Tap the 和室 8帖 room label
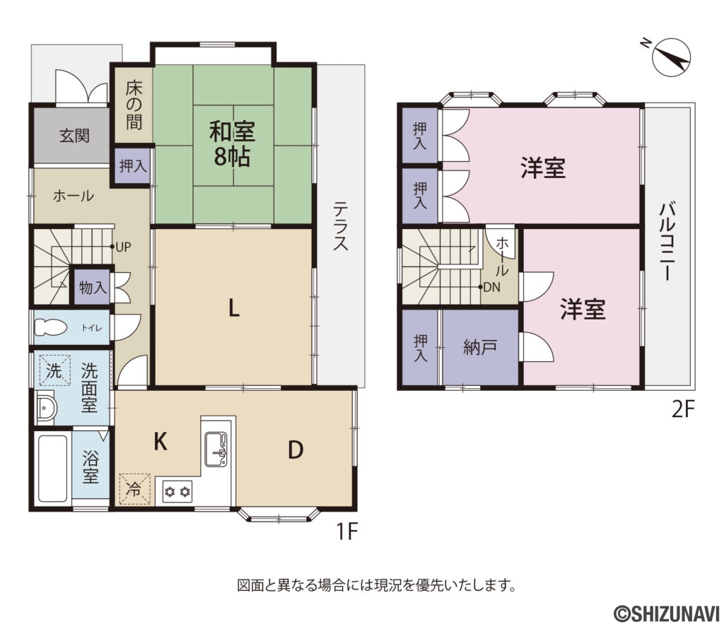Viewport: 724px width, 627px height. (x=231, y=143)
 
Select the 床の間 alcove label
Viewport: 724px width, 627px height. (x=134, y=105)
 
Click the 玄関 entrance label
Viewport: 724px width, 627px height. (x=74, y=136)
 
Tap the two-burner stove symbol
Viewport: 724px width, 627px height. (x=177, y=490)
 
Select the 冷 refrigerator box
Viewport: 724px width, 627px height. (x=134, y=488)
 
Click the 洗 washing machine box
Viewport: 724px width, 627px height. (x=54, y=369)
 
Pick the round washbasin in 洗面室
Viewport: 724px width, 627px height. (x=47, y=409)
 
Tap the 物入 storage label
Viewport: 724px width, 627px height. (x=93, y=288)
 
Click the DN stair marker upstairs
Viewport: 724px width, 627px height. (x=489, y=287)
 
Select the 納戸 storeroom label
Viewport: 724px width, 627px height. (x=480, y=347)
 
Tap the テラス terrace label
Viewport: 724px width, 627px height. (x=341, y=225)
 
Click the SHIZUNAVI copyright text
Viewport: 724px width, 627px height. (x=665, y=611)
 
